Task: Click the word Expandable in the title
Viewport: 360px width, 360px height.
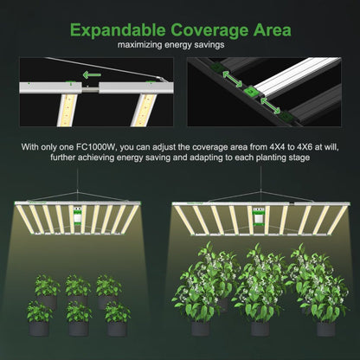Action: [x=118, y=30]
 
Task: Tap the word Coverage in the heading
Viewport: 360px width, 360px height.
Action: [x=209, y=30]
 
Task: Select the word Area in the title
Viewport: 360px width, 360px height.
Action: [x=273, y=30]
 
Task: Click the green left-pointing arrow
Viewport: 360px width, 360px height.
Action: [x=92, y=75]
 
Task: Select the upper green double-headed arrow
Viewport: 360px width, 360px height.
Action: [x=232, y=80]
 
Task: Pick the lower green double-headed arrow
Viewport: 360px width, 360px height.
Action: [x=270, y=106]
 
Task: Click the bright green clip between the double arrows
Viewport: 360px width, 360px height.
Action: [x=250, y=92]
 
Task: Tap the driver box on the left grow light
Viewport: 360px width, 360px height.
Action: [x=78, y=215]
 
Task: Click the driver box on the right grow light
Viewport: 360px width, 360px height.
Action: [x=258, y=216]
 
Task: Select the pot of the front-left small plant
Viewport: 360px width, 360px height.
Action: [x=39, y=329]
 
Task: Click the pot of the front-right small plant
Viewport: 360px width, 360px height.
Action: [x=117, y=329]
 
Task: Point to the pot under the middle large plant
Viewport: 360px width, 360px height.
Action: [x=260, y=329]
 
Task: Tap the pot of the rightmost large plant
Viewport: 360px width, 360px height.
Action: [x=326, y=329]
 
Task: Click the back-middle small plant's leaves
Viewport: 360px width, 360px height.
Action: [x=78, y=286]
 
